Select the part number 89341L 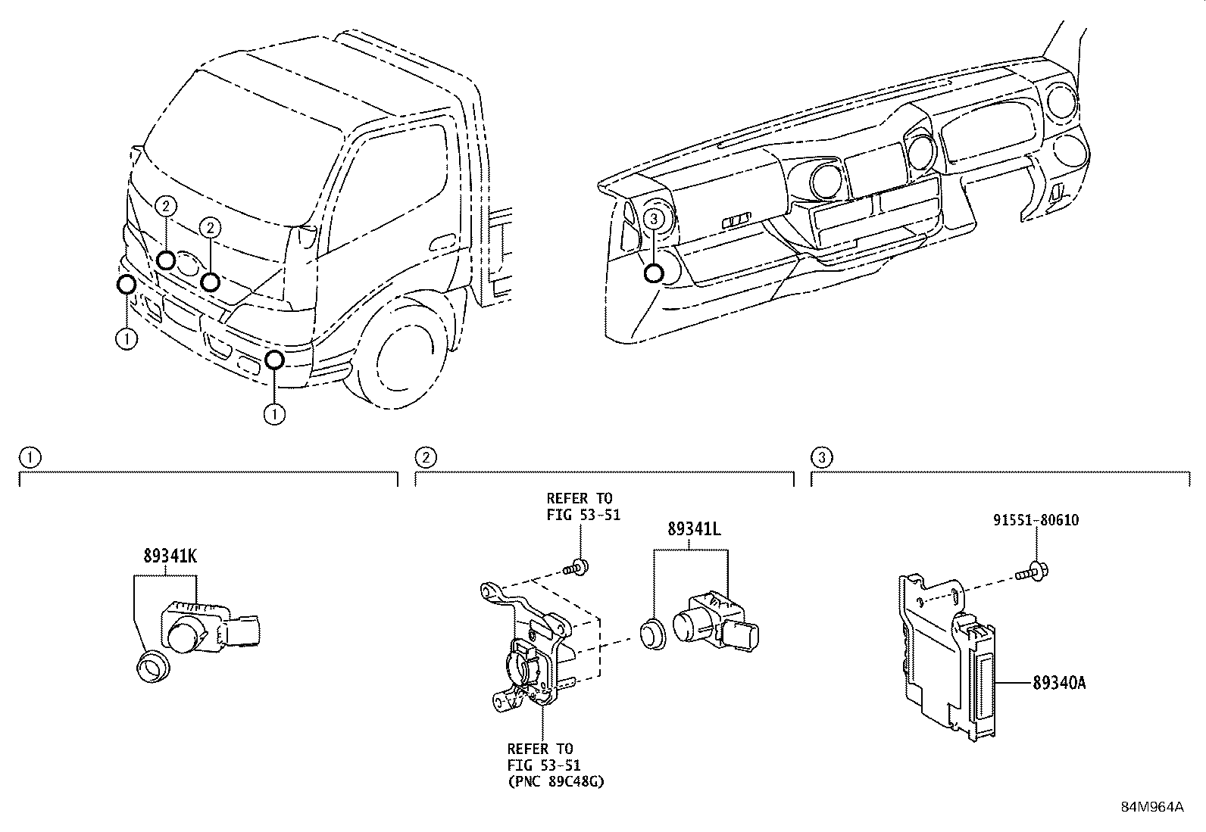pos(694,529)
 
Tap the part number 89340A pos(1059,683)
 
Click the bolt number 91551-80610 pos(1036,520)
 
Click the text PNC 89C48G pos(556,781)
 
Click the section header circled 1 pos(28,457)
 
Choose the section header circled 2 pos(426,457)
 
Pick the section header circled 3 pos(821,457)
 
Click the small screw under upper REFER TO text pos(577,566)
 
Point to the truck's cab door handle pos(441,243)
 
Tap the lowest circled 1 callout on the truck pos(274,414)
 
